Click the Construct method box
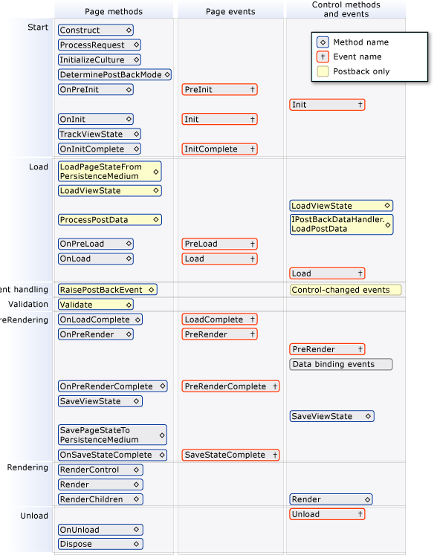click(x=95, y=30)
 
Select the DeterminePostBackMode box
click(x=114, y=75)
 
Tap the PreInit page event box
click(x=219, y=90)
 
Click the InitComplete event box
click(x=219, y=149)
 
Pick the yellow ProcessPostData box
click(x=109, y=220)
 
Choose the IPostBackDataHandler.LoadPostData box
click(x=341, y=224)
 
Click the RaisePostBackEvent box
click(x=107, y=290)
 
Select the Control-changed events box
click(x=345, y=290)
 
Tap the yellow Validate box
click(x=95, y=305)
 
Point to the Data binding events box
click(x=340, y=364)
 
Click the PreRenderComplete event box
click(x=230, y=386)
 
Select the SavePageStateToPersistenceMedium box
click(x=112, y=435)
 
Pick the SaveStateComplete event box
click(x=230, y=455)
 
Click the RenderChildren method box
click(x=100, y=499)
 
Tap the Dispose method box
click(x=100, y=544)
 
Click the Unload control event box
click(x=327, y=514)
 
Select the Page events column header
click(x=230, y=12)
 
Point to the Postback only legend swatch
click(x=323, y=71)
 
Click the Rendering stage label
click(x=27, y=468)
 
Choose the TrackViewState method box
click(x=100, y=134)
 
